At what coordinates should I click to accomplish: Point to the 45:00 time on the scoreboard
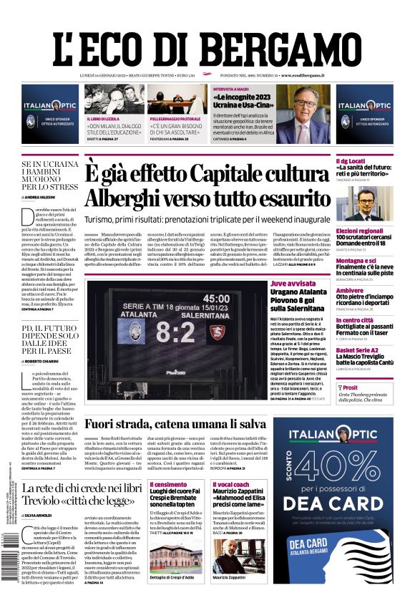(x=216, y=298)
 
